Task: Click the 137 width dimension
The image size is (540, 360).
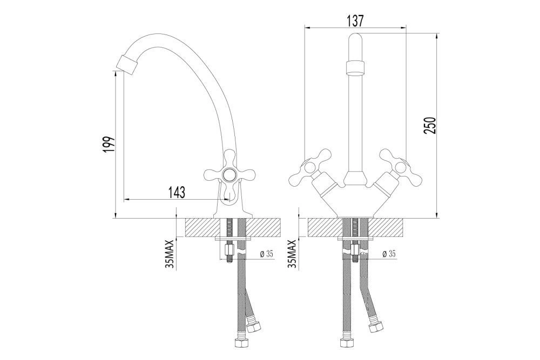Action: tap(355, 21)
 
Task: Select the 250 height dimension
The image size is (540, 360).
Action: tap(430, 126)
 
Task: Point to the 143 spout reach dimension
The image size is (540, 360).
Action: tap(177, 192)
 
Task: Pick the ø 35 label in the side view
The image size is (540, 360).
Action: tap(266, 254)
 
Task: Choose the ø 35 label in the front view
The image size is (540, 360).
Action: tap(389, 254)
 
